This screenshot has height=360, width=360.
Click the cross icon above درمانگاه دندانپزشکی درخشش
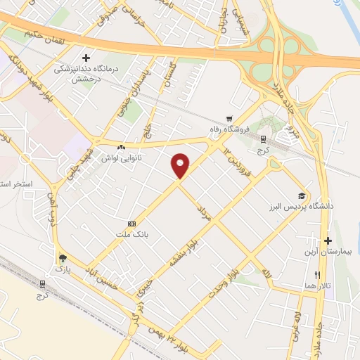click(x=86, y=58)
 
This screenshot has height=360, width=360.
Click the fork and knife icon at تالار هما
click(x=318, y=275)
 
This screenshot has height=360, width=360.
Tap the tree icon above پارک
click(x=63, y=258)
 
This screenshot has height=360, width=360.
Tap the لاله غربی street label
click(x=301, y=323)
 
